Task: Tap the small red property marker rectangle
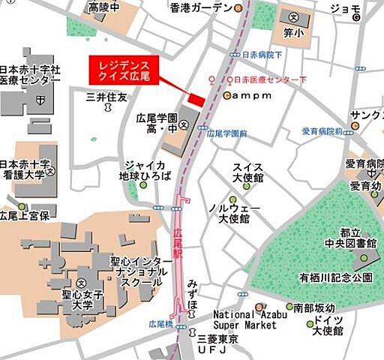196,100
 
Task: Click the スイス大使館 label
248,172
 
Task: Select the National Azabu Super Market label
245,319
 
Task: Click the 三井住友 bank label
108,97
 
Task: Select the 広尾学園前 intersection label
226,133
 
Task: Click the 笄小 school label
293,32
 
